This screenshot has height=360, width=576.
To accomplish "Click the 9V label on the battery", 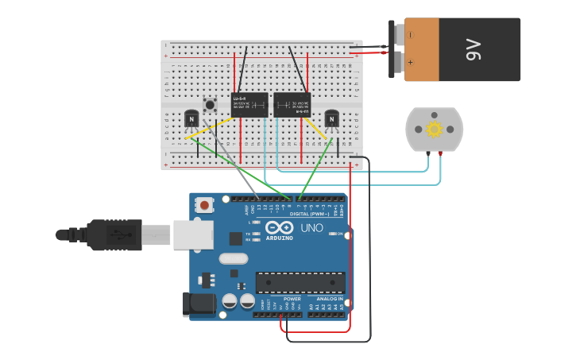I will point(474,49).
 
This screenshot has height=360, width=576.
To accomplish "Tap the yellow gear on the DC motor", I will point(434,129).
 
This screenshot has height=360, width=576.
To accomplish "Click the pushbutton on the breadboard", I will point(210,104).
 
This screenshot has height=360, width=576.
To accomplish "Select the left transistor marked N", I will point(191,118).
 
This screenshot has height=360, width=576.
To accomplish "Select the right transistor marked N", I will point(331,119).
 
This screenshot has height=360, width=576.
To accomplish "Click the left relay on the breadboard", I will point(249,105).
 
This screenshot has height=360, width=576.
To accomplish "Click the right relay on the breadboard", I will point(292,105).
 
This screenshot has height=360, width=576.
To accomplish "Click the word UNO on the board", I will point(311,228).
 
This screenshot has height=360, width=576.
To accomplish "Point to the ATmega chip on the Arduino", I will point(300,282).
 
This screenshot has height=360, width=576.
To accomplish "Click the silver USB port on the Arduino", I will point(192,234).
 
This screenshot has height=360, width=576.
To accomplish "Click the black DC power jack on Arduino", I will point(199,304).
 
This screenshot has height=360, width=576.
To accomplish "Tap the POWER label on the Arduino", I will point(281,299).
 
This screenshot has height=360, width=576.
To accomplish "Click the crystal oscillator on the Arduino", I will point(233,258).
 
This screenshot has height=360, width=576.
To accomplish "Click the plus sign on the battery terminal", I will point(410,61).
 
